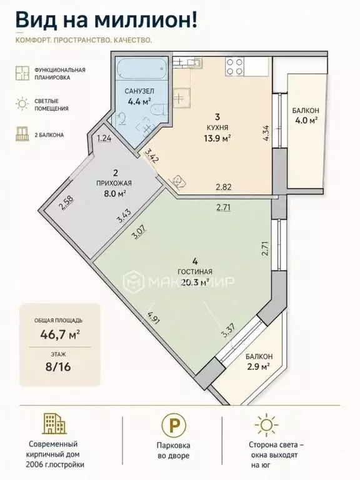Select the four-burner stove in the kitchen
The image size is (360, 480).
[235, 67]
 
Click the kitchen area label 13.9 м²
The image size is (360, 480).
[217, 139]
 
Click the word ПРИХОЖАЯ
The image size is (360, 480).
[114, 183]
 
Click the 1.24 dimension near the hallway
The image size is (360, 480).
[104, 138]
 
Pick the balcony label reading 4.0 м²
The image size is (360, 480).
[305, 120]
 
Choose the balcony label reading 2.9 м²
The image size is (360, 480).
[258, 366]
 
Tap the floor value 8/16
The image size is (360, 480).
[58, 366]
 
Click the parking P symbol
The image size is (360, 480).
[174, 425]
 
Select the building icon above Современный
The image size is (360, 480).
[54, 423]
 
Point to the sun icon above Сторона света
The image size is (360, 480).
[267, 424]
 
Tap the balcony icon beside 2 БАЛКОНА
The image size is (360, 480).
[22, 134]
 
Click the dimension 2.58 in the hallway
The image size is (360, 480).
[67, 202]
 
